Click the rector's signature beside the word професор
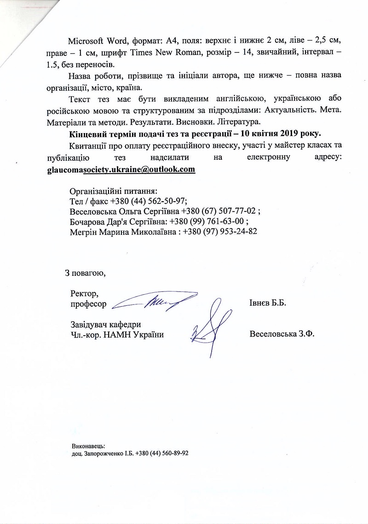[154, 301]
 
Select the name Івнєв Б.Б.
[267, 304]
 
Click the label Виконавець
[88, 446]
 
